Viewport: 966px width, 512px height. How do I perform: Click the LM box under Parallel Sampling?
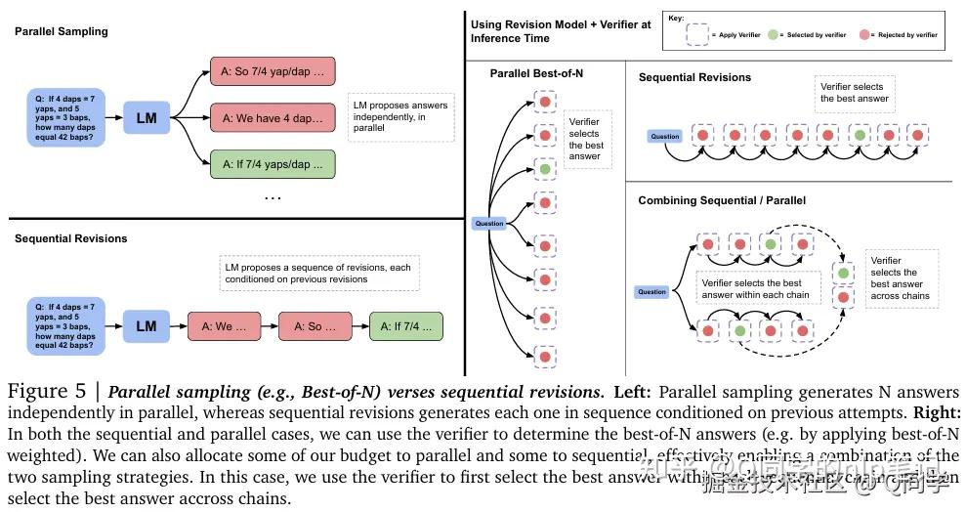(x=147, y=118)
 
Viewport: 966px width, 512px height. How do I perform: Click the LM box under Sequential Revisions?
(x=147, y=326)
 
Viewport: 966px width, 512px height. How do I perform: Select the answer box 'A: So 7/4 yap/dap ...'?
(x=273, y=72)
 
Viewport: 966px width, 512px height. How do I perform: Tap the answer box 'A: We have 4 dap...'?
(x=273, y=118)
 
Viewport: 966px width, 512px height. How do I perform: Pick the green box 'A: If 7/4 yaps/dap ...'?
(x=273, y=163)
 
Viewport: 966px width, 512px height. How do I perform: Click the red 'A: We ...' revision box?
(x=224, y=326)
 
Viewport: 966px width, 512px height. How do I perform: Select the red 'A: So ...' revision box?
(x=315, y=326)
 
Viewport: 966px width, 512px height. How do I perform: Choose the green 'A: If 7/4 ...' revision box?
(x=406, y=326)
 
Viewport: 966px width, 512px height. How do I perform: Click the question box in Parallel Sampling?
(x=65, y=117)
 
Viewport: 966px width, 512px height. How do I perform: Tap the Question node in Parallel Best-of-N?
(x=489, y=224)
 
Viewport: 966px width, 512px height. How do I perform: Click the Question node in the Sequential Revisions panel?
(x=665, y=136)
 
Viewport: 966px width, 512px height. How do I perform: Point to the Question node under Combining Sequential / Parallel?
(x=651, y=292)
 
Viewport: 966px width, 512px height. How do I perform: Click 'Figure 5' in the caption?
(x=45, y=393)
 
